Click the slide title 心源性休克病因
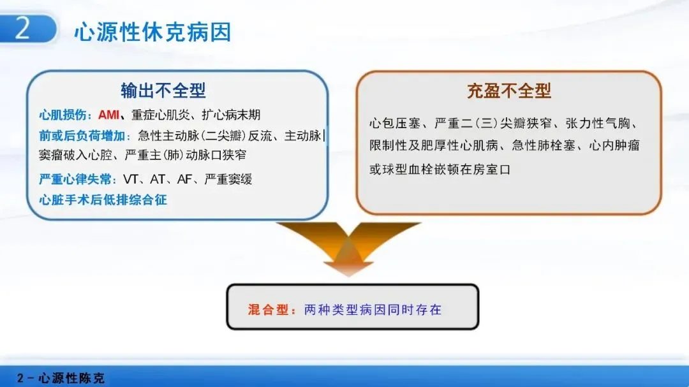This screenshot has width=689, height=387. click(152, 32)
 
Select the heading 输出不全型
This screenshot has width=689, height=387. click(163, 91)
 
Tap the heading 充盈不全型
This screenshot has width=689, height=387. click(509, 91)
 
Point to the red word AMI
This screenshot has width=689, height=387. click(108, 115)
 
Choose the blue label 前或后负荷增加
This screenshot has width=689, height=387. click(82, 136)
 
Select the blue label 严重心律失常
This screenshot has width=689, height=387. click(75, 179)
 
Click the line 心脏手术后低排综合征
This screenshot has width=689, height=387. click(103, 200)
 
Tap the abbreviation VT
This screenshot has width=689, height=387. click(131, 179)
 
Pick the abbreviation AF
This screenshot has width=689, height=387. click(184, 179)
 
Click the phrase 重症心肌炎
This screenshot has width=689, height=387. click(161, 115)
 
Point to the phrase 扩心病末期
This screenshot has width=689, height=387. click(231, 115)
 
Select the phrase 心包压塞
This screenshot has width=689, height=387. click(395, 124)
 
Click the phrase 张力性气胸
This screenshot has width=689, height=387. click(598, 124)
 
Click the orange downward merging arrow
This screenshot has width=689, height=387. click(348, 249)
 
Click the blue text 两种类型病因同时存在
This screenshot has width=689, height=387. click(373, 310)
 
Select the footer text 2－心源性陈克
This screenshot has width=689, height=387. click(61, 378)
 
